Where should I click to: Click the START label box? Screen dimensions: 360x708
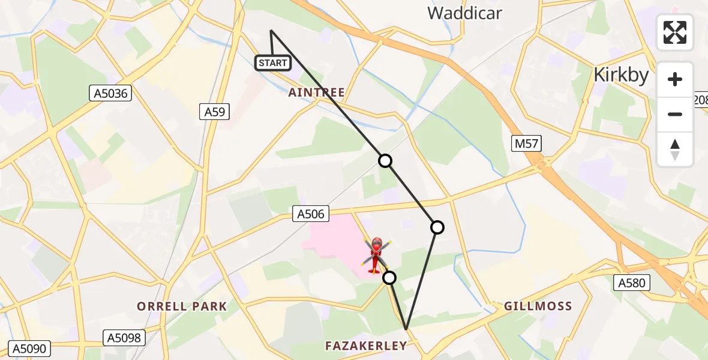pyautogui.click(x=273, y=62)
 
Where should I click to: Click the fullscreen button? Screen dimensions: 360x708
pyautogui.click(x=675, y=32)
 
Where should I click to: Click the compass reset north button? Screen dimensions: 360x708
pyautogui.click(x=675, y=149)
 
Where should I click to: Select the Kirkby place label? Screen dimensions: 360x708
pyautogui.click(x=621, y=75)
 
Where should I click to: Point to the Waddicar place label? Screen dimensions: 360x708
pyautogui.click(x=464, y=13)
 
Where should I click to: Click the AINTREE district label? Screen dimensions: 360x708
pyautogui.click(x=317, y=92)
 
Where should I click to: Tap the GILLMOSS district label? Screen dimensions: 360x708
pyautogui.click(x=538, y=306)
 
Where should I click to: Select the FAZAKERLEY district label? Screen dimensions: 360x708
pyautogui.click(x=366, y=345)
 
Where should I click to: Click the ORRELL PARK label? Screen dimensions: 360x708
pyautogui.click(x=182, y=307)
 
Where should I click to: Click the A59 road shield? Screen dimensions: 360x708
pyautogui.click(x=214, y=111)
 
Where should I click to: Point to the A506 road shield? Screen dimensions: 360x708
pyautogui.click(x=311, y=214)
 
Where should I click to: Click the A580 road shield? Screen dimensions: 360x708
pyautogui.click(x=632, y=283)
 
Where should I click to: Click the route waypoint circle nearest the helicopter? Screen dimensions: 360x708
pyautogui.click(x=389, y=277)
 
